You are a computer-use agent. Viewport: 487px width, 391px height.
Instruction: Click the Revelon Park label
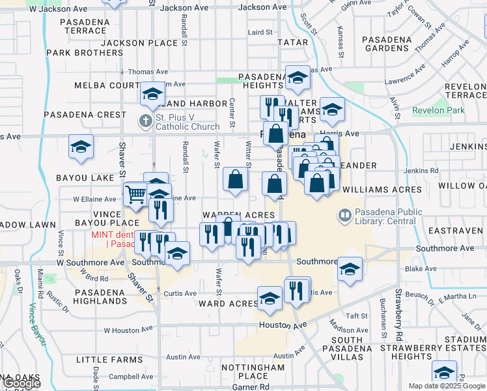tap(439, 110)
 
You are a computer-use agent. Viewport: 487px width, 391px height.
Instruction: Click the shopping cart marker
tap(135, 194)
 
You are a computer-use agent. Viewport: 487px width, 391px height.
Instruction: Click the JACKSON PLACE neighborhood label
tap(140, 43)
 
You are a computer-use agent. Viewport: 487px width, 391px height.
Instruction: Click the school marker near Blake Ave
tap(350, 270)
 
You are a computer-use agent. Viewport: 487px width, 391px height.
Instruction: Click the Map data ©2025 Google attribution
tap(447, 386)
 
